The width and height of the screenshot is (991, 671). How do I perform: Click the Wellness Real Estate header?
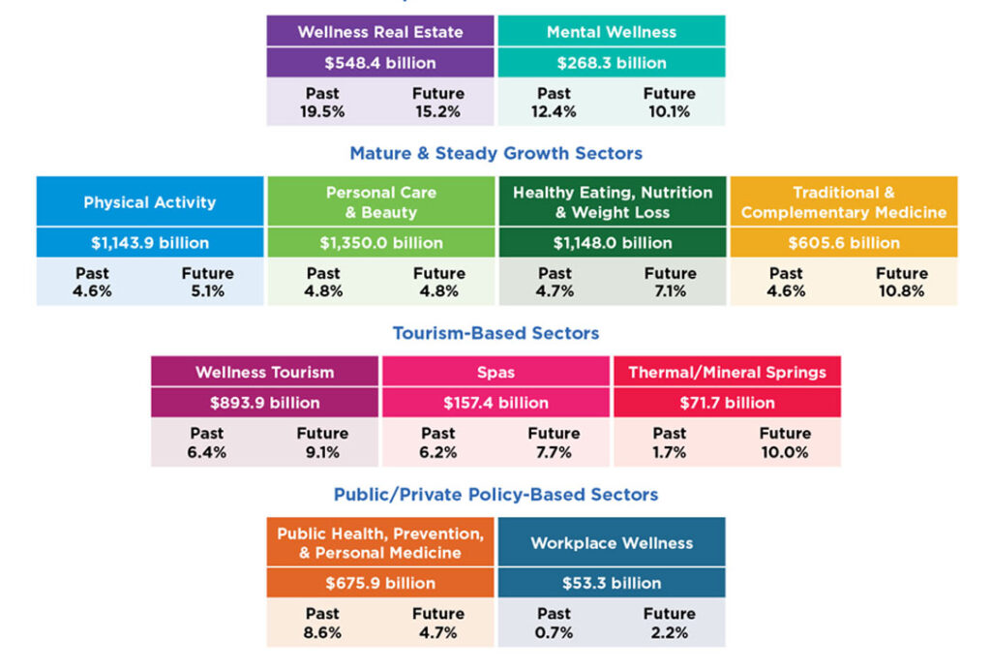pyautogui.click(x=380, y=32)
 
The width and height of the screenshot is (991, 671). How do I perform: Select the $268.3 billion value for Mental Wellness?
pyautogui.click(x=611, y=63)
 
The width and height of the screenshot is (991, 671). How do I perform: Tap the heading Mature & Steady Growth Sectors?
pyautogui.click(x=495, y=153)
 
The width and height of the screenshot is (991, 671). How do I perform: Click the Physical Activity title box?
pyautogui.click(x=150, y=202)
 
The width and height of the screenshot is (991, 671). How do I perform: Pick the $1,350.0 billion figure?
pyautogui.click(x=380, y=243)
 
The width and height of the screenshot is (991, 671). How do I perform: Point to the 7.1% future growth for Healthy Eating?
pyautogui.click(x=670, y=290)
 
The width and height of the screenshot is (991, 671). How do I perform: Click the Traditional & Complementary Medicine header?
pyautogui.click(x=843, y=202)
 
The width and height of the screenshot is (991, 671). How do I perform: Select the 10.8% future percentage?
pyautogui.click(x=901, y=290)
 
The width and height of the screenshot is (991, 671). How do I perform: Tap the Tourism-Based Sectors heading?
pyautogui.click(x=495, y=333)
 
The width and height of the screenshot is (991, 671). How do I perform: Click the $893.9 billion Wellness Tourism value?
pyautogui.click(x=264, y=403)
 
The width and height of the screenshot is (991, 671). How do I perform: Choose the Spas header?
pyautogui.click(x=495, y=372)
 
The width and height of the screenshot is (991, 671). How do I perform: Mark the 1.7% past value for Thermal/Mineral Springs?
pyautogui.click(x=669, y=451)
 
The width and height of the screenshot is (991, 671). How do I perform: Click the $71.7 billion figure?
pyautogui.click(x=727, y=403)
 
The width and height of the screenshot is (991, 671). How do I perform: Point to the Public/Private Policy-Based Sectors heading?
pyautogui.click(x=495, y=495)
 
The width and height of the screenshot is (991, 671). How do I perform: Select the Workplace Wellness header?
pyautogui.click(x=611, y=543)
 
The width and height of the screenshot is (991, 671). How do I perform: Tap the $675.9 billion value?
pyautogui.click(x=380, y=584)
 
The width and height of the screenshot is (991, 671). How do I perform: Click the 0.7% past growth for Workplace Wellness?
pyautogui.click(x=554, y=632)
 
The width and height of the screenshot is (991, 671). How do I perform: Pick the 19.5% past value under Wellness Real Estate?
pyautogui.click(x=322, y=111)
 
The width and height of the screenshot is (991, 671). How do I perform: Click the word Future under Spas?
pyautogui.click(x=554, y=433)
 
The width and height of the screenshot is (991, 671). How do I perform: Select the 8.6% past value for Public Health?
pyautogui.click(x=322, y=632)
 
